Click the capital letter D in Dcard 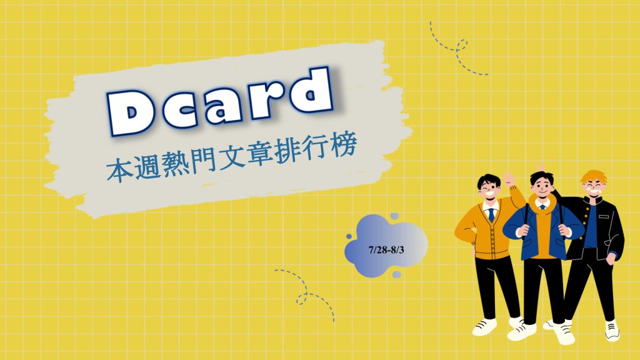(131, 112)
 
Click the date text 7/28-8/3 (386, 250)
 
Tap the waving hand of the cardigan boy (509, 179)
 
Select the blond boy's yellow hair (594, 177)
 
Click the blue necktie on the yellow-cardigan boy (491, 215)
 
